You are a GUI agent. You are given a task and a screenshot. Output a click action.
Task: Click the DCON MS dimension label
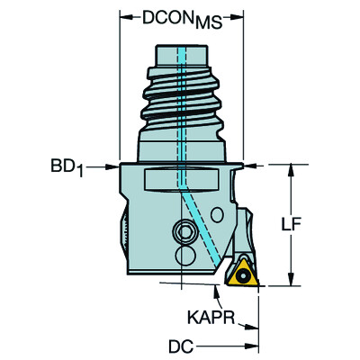(x=182, y=20)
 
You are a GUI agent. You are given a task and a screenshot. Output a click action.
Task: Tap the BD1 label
(x=67, y=167)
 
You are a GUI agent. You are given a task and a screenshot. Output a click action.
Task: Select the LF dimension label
(x=291, y=225)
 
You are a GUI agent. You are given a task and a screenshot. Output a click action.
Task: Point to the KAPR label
(x=211, y=317)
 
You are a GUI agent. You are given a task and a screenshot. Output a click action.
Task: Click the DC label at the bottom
(x=181, y=347)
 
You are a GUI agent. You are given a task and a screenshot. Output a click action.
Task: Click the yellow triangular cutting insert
(x=243, y=273)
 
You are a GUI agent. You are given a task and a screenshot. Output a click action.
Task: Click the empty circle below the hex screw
(x=185, y=256)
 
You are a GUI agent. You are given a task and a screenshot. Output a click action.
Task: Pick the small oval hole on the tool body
(x=217, y=215)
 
